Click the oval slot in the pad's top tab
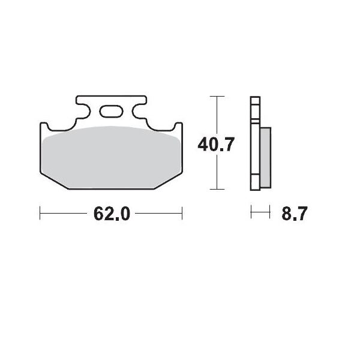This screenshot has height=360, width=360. (111, 111)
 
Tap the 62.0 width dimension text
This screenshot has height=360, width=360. (112, 214)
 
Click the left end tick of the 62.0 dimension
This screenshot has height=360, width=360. (40, 213)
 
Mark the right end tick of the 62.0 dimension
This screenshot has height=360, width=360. (182, 213)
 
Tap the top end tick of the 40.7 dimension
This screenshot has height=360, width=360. (217, 96)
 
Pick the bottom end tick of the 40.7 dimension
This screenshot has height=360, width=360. (217, 189)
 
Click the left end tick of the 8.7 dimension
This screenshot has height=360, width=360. (251, 213)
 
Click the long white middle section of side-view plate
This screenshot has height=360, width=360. (255, 144)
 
